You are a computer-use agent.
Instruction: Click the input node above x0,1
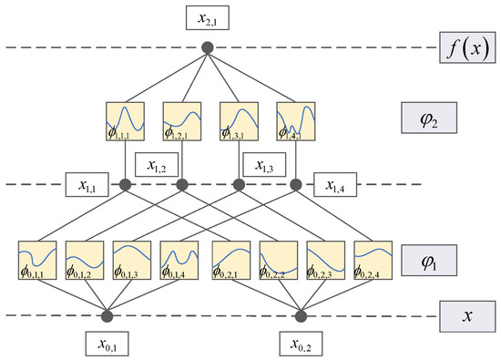point(107,316)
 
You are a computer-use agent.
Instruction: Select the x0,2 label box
point(302,345)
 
